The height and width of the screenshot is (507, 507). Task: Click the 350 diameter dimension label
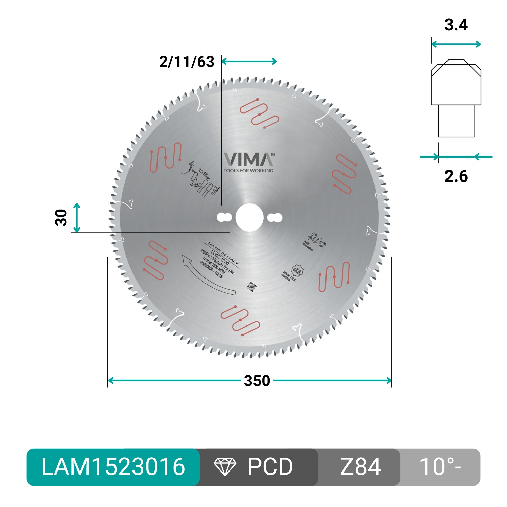coord(257,381)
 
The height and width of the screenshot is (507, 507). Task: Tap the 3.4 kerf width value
coord(456,25)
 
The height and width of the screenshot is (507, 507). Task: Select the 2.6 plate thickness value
coord(456,176)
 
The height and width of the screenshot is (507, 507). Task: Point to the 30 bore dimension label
coord(61,218)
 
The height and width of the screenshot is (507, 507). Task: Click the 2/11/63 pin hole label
coord(187,62)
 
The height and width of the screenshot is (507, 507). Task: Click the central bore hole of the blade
coord(249,218)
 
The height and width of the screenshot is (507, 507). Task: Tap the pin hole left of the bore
coord(224,218)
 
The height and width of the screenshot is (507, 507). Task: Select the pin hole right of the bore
coord(275,218)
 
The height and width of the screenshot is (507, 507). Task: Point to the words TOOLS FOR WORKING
coord(248,171)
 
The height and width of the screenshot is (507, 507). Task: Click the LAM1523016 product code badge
coord(113,467)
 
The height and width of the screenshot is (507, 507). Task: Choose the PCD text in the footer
coord(270,467)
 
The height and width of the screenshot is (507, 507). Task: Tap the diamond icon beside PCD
coord(225,467)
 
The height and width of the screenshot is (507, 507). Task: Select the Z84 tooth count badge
coord(360,467)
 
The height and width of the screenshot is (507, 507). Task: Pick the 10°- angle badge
coord(440,467)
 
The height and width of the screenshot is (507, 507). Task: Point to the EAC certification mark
coord(252,287)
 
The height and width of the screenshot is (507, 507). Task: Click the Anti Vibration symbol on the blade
coord(316,240)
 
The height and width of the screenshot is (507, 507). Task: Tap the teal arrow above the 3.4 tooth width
coord(456,44)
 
